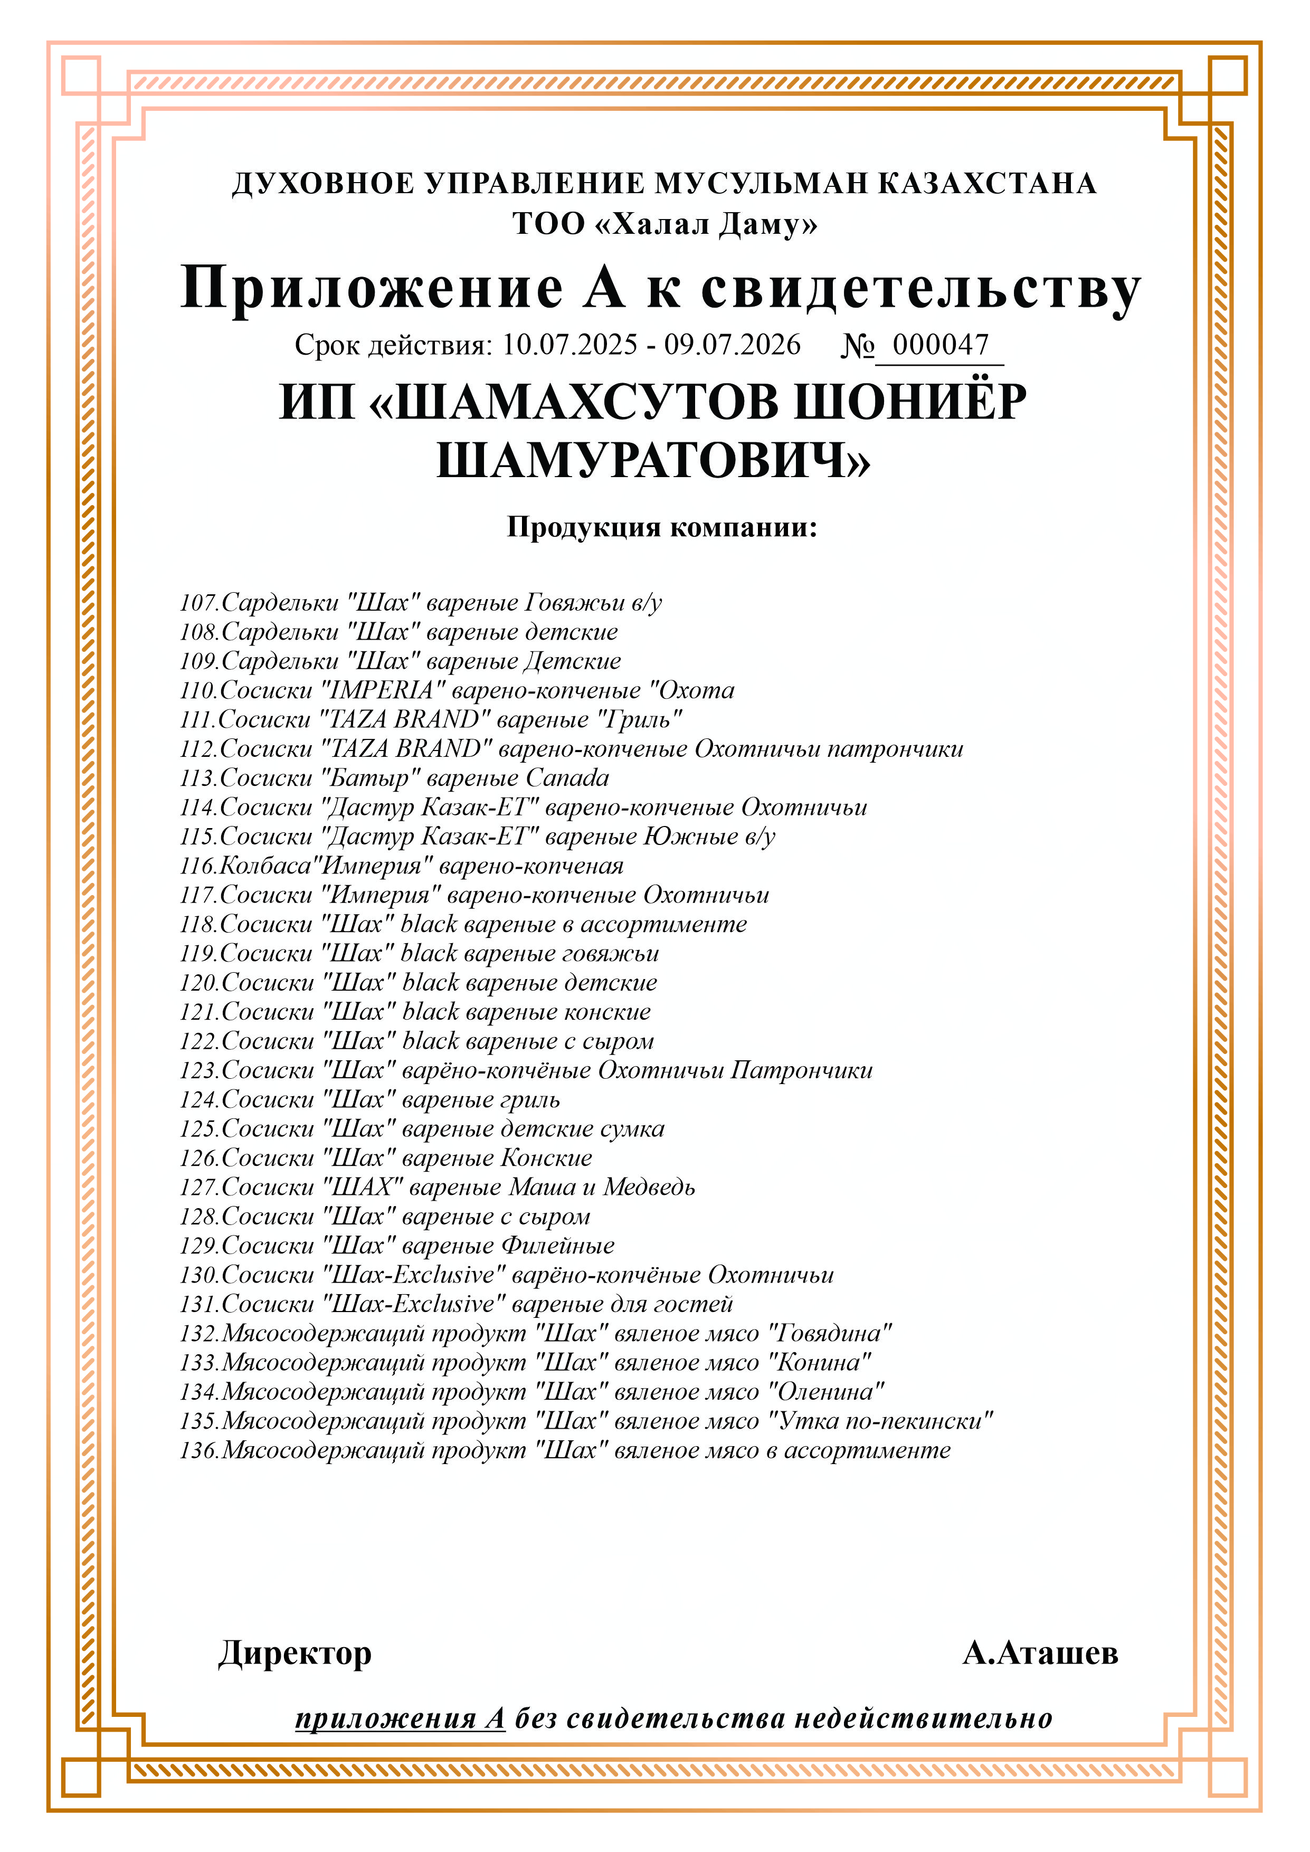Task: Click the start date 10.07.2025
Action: tap(569, 345)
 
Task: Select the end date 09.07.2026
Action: tap(733, 345)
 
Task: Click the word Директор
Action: tap(295, 1654)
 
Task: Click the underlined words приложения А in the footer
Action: tap(400, 1719)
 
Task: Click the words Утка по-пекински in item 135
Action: tap(881, 1421)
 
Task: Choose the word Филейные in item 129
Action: tap(558, 1246)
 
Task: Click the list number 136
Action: tap(198, 1450)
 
